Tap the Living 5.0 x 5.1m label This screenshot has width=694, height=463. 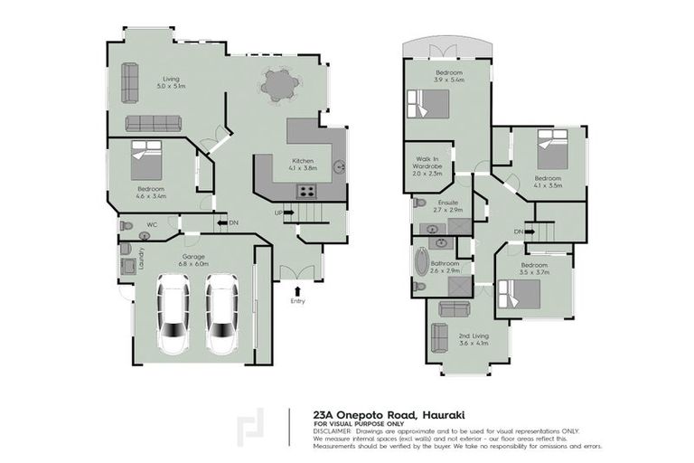(x=170, y=83)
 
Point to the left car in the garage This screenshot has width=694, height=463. (x=172, y=313)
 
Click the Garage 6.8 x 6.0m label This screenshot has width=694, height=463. (x=194, y=260)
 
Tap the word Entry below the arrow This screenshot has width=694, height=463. (x=297, y=301)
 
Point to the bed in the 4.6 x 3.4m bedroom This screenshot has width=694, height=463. (x=148, y=160)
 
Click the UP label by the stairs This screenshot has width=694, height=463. (x=279, y=213)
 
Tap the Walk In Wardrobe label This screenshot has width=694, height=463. (x=426, y=168)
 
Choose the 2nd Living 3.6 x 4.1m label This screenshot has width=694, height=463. (x=474, y=339)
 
